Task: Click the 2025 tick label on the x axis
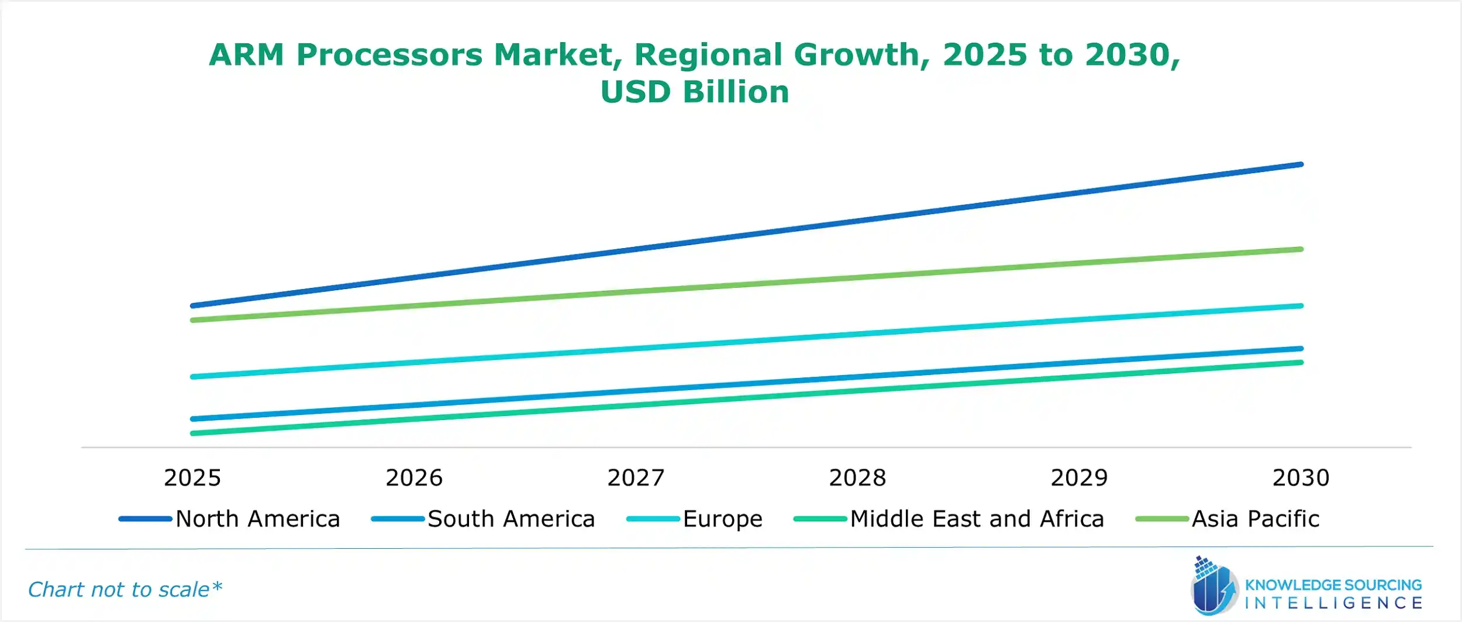tap(192, 478)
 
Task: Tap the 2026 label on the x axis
tap(414, 478)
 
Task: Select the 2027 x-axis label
tap(636, 478)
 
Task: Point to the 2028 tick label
tap(857, 478)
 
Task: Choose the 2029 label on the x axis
tap(1079, 478)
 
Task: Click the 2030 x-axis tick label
tap(1301, 478)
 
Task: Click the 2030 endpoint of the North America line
tap(1301, 165)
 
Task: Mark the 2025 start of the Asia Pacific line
tap(193, 320)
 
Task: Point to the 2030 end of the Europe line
tap(1301, 306)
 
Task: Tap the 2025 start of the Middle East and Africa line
tap(193, 434)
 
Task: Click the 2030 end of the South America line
tap(1301, 349)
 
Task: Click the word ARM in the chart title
tap(246, 55)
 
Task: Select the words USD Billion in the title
tap(695, 92)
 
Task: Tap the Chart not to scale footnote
tap(125, 590)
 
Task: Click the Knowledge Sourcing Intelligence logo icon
tap(1214, 586)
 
